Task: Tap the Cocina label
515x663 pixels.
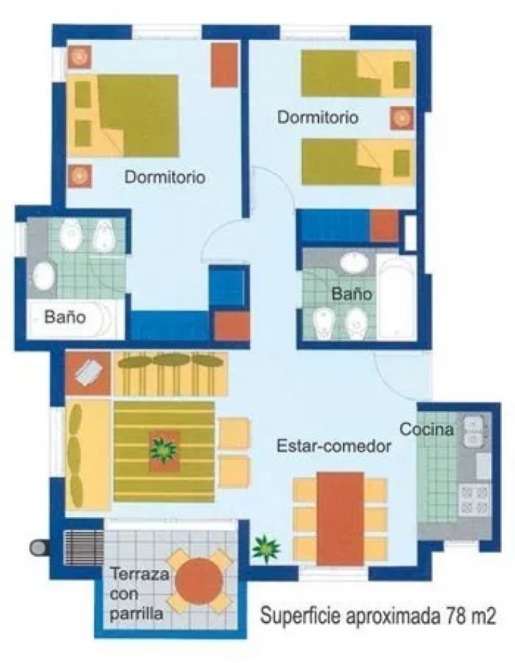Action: click(x=426, y=429)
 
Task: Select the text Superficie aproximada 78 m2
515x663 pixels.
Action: click(x=378, y=616)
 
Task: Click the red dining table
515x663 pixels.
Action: click(x=340, y=518)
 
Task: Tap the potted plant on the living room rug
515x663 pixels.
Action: click(x=164, y=450)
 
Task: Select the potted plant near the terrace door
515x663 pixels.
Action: click(x=266, y=548)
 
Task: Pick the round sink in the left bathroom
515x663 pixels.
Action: click(x=45, y=275)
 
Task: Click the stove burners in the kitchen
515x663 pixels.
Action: click(x=474, y=500)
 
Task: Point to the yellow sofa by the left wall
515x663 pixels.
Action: click(x=87, y=454)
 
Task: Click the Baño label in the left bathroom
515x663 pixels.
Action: click(x=65, y=316)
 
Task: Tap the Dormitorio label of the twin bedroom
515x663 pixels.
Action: click(x=318, y=117)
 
